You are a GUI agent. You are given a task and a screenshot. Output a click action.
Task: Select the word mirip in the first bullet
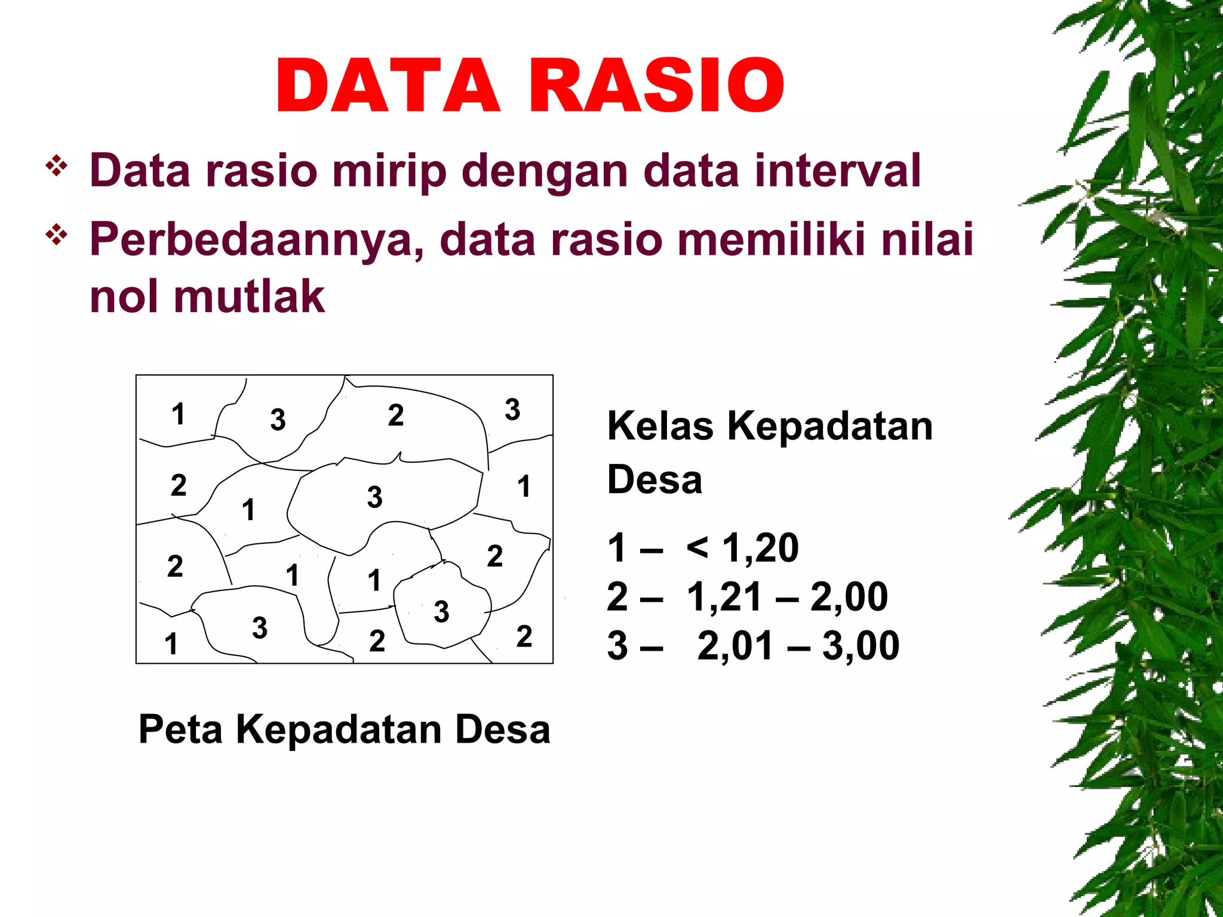(x=389, y=171)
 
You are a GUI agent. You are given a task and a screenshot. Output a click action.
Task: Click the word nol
(x=124, y=297)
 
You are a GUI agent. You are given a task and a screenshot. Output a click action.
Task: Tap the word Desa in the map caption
(x=502, y=730)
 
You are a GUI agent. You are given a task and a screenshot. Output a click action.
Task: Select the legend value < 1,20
(x=742, y=547)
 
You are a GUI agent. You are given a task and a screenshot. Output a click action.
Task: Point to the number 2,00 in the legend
(x=849, y=597)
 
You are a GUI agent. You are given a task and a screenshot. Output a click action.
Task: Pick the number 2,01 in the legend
(x=735, y=646)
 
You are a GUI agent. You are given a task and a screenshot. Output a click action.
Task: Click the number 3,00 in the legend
(x=861, y=646)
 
